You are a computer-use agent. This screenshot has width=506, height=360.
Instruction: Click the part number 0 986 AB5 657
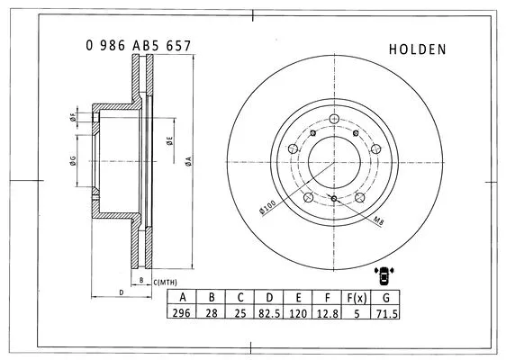point(138,45)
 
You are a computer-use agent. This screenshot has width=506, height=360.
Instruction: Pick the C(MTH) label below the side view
point(167,283)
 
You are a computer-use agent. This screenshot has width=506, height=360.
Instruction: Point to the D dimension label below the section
point(120,292)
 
